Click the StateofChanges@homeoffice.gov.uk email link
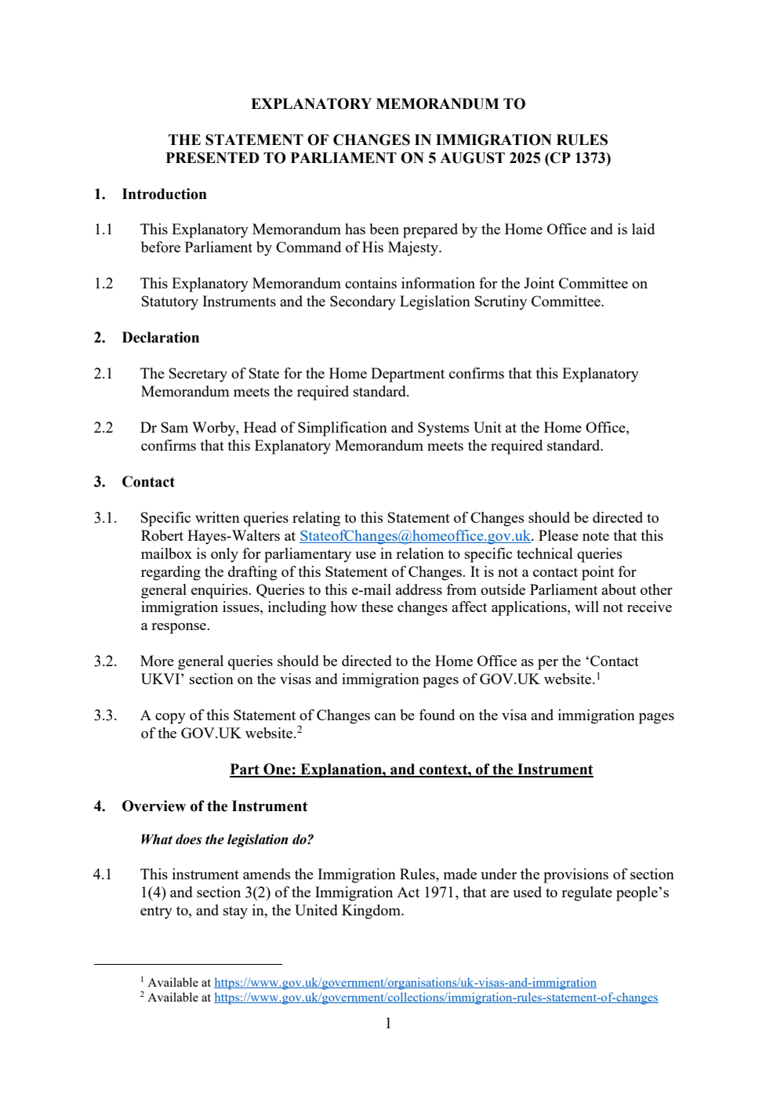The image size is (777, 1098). pyautogui.click(x=415, y=536)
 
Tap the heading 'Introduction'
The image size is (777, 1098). pyautogui.click(x=164, y=194)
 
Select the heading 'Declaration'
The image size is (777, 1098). pyautogui.click(x=161, y=338)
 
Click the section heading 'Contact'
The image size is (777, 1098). pyautogui.click(x=148, y=482)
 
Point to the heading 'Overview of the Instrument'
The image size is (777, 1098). pyautogui.click(x=214, y=806)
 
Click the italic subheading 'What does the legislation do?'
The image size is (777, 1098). pyautogui.click(x=227, y=839)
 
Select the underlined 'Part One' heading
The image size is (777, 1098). pyautogui.click(x=411, y=770)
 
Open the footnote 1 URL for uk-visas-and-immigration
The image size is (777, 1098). pyautogui.click(x=405, y=983)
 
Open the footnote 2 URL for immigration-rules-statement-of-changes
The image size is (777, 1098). pyautogui.click(x=435, y=998)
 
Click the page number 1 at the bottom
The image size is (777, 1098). pyautogui.click(x=388, y=1024)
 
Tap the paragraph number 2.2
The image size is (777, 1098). pyautogui.click(x=103, y=428)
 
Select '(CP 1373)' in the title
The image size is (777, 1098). pyautogui.click(x=577, y=158)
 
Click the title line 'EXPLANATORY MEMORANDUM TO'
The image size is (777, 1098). pyautogui.click(x=388, y=104)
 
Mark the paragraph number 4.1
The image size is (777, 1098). pyautogui.click(x=103, y=875)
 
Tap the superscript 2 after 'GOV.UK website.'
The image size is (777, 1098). pyautogui.click(x=300, y=730)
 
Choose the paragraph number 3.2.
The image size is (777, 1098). pyautogui.click(x=105, y=661)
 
